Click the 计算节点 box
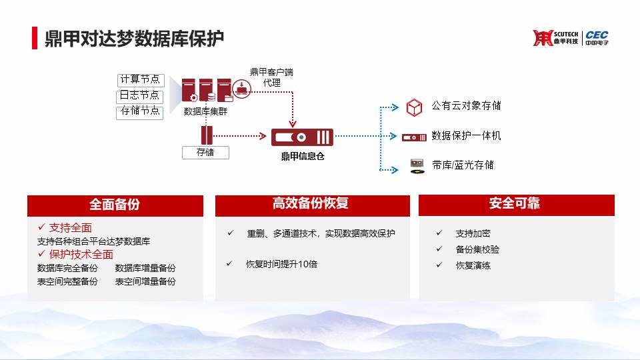(141, 80)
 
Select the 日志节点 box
(139, 96)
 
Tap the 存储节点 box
(139, 112)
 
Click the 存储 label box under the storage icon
(205, 152)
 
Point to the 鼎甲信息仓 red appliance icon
(302, 137)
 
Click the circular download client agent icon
(241, 89)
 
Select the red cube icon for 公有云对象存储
(414, 107)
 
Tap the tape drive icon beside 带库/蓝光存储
(417, 166)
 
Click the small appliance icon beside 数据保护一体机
(414, 137)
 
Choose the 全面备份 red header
(115, 205)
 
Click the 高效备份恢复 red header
(312, 205)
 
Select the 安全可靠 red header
(516, 205)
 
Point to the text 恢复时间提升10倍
(281, 264)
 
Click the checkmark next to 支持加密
(439, 233)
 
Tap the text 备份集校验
(477, 249)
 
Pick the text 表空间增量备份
(145, 281)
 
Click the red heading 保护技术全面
(81, 254)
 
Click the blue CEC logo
(597, 37)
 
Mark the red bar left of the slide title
(35, 38)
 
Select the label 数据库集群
(205, 111)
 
